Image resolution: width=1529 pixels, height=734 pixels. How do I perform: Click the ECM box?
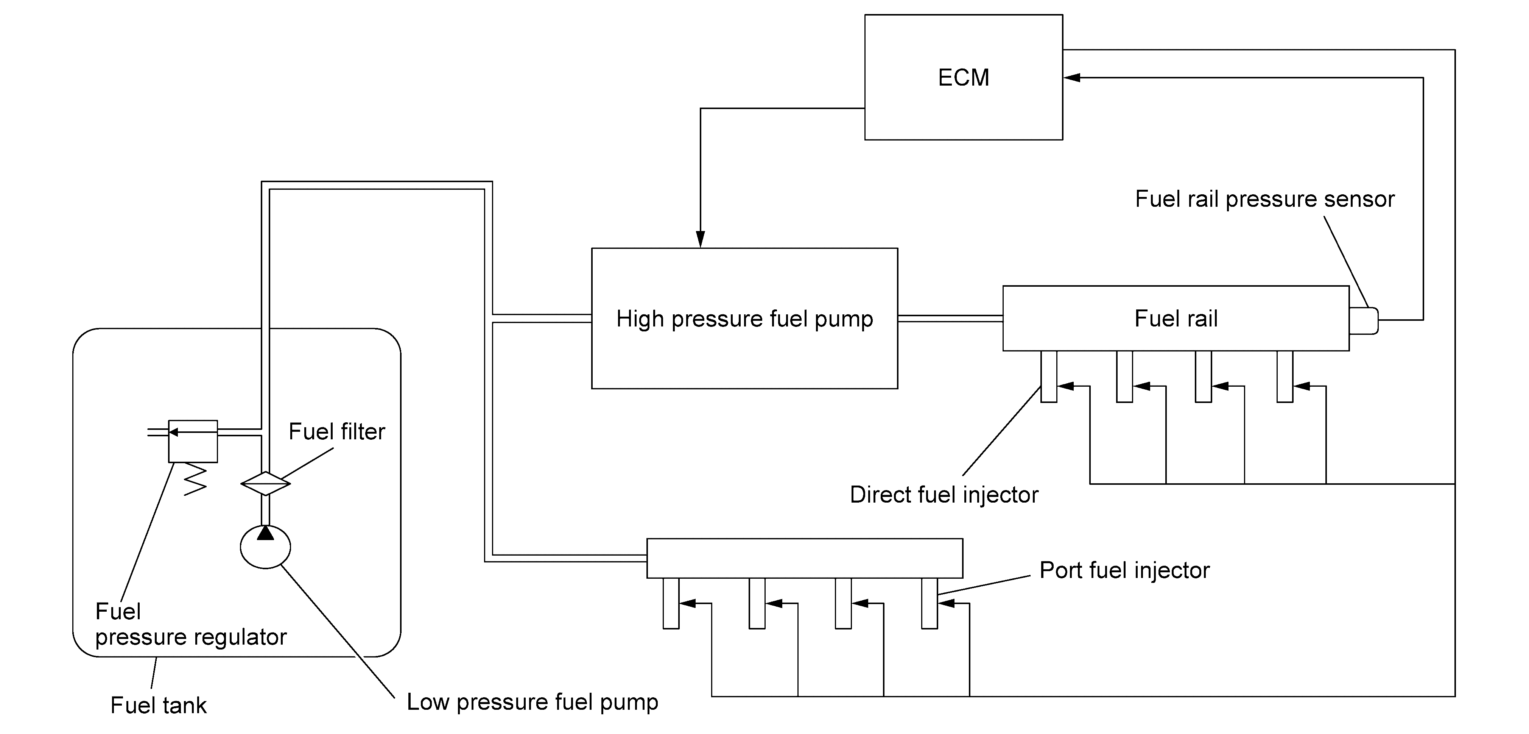[x=963, y=77]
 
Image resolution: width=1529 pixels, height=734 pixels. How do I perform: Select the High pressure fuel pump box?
[x=744, y=318]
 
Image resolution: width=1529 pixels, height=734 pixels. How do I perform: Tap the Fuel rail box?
[x=1176, y=318]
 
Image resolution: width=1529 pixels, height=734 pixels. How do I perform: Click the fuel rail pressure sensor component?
[x=1363, y=321]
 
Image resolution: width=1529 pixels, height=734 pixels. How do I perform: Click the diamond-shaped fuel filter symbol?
[x=265, y=483]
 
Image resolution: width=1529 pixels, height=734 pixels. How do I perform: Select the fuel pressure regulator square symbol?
[x=193, y=441]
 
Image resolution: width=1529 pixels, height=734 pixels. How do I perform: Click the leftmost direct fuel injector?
[x=1049, y=376]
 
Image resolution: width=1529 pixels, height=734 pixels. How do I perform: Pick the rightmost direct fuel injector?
[x=1285, y=376]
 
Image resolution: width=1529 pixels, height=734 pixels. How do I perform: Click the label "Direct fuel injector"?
[x=944, y=495]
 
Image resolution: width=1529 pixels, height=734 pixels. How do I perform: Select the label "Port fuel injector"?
[x=1124, y=570]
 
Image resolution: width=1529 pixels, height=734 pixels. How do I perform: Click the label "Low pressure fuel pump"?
[x=533, y=702]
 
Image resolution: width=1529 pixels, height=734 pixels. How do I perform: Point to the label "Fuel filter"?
[x=336, y=431]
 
